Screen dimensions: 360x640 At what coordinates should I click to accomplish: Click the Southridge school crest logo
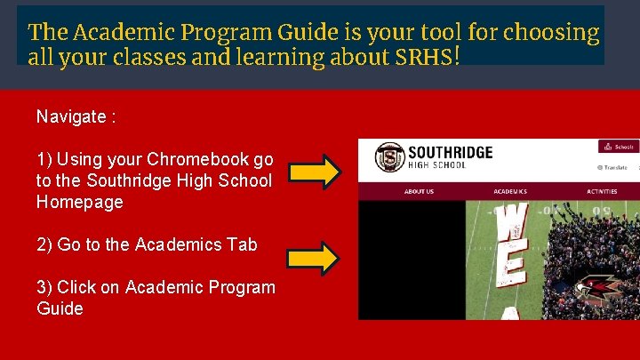tap(388, 157)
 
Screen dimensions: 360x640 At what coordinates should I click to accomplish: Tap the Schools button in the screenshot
tap(618, 147)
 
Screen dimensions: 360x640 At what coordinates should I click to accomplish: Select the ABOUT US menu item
tap(419, 191)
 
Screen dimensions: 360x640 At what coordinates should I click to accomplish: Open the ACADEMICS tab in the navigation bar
tap(510, 191)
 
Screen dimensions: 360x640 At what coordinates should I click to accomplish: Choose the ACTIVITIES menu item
tap(602, 191)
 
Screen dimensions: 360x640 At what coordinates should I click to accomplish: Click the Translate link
tap(612, 167)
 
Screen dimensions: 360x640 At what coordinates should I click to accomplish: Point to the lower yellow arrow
tap(312, 259)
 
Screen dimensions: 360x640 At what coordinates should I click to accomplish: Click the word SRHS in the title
tap(426, 58)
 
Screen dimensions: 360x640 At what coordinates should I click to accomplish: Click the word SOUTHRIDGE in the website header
tap(450, 152)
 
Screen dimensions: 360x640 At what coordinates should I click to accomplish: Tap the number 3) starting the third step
tap(44, 287)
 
